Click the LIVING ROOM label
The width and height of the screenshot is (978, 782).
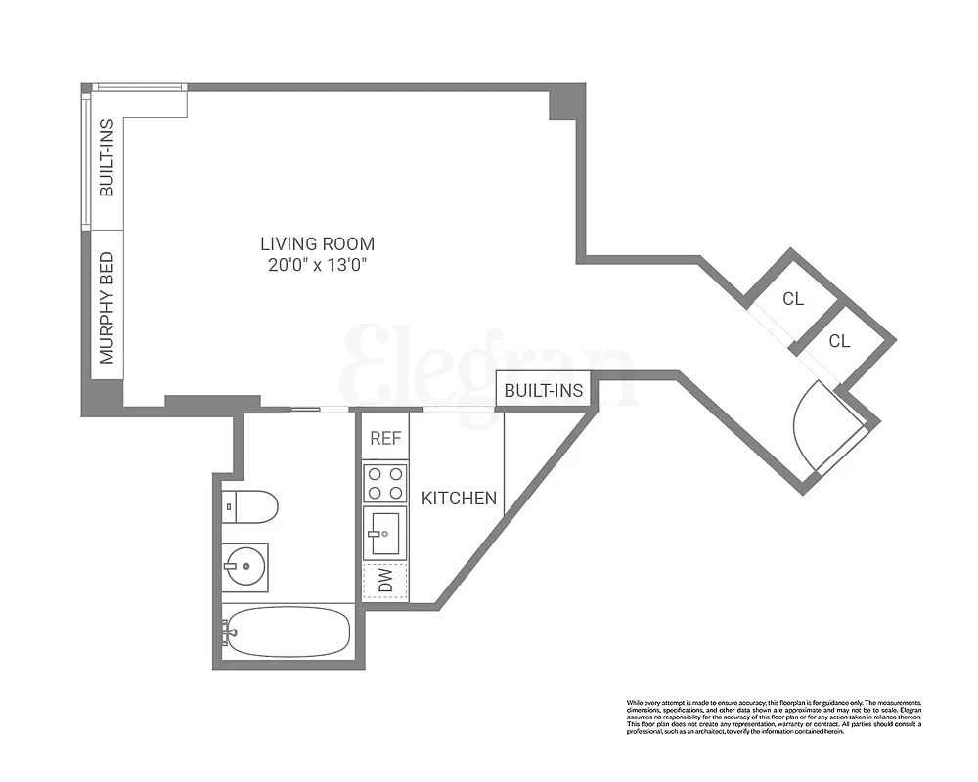click(317, 243)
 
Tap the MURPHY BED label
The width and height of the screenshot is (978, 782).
click(108, 308)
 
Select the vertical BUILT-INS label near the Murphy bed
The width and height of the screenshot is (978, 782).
click(108, 157)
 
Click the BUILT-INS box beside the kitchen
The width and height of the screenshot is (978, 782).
click(544, 391)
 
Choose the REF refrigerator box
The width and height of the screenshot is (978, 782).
click(385, 438)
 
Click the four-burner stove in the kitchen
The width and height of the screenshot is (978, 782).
click(385, 481)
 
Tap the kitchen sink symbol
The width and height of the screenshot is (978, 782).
click(385, 533)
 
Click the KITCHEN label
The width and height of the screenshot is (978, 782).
click(459, 499)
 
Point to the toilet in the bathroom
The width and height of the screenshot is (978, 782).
click(250, 506)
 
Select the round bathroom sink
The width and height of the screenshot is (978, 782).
click(243, 564)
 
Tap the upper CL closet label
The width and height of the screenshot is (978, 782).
click(793, 299)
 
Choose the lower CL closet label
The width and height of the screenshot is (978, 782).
click(839, 341)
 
